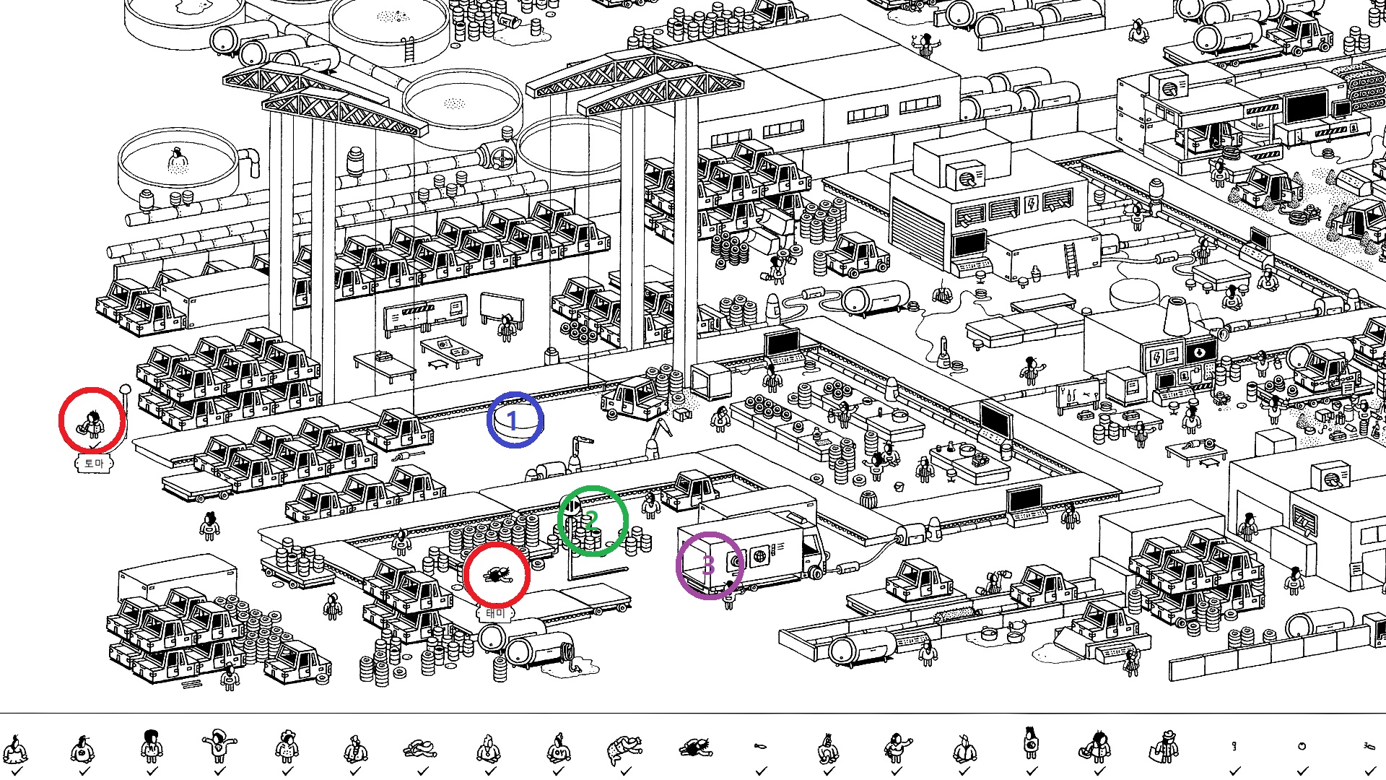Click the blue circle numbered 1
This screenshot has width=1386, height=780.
click(515, 420)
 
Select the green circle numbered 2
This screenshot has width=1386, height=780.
click(592, 520)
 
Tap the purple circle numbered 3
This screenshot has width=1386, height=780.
click(709, 565)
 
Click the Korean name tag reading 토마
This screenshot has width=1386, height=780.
click(94, 463)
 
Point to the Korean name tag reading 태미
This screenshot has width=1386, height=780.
click(494, 613)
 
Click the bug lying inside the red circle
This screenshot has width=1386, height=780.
click(496, 575)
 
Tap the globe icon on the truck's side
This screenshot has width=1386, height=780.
click(759, 555)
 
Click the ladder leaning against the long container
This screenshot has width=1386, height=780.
click(1071, 260)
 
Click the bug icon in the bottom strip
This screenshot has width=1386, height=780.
click(694, 747)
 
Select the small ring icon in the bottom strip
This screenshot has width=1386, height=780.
click(1302, 746)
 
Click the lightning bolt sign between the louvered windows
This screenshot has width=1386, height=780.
click(1032, 204)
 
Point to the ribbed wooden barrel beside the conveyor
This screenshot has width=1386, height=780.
click(868, 498)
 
